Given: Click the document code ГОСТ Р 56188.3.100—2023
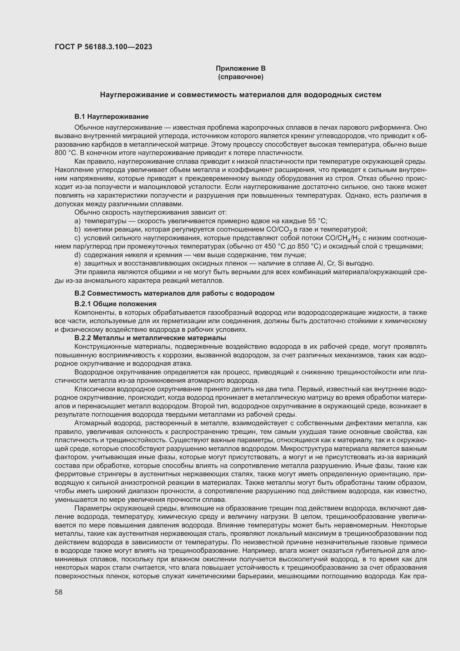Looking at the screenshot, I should (x=103, y=47).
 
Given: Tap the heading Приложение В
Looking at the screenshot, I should (x=241, y=68).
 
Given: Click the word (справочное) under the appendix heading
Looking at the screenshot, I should (x=241, y=77).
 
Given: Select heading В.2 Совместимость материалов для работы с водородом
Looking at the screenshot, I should (x=174, y=293).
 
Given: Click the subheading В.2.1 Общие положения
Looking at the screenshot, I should (x=115, y=304).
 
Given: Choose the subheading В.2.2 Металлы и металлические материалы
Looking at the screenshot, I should (x=150, y=338).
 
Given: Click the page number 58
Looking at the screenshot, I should (x=59, y=592).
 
